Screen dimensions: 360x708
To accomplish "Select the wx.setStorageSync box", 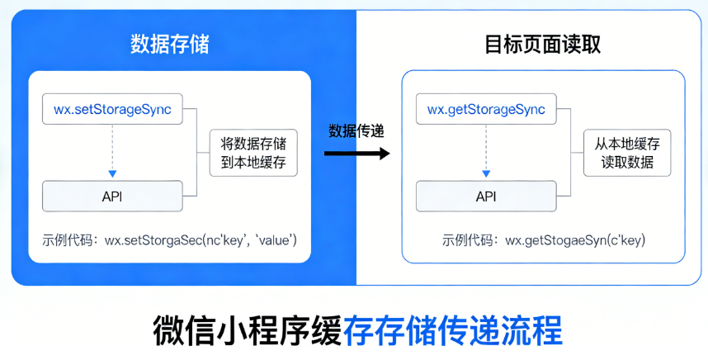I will point(112,109).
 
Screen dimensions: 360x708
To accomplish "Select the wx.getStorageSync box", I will point(485,109).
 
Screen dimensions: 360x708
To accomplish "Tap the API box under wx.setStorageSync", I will point(112,196).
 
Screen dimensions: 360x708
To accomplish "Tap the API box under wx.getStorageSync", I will point(485,196).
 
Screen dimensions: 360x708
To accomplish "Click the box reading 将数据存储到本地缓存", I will point(253,153).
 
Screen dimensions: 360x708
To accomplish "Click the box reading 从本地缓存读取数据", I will point(627,153).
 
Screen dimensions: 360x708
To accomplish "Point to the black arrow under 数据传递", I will point(356,153).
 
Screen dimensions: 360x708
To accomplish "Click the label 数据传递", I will point(356,130).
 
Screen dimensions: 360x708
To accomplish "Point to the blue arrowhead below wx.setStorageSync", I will point(112,173).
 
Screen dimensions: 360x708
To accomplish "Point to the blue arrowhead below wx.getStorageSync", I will point(485,173).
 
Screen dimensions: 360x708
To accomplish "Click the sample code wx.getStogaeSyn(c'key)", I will point(574,240).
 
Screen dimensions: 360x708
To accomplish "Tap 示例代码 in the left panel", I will point(69,240).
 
